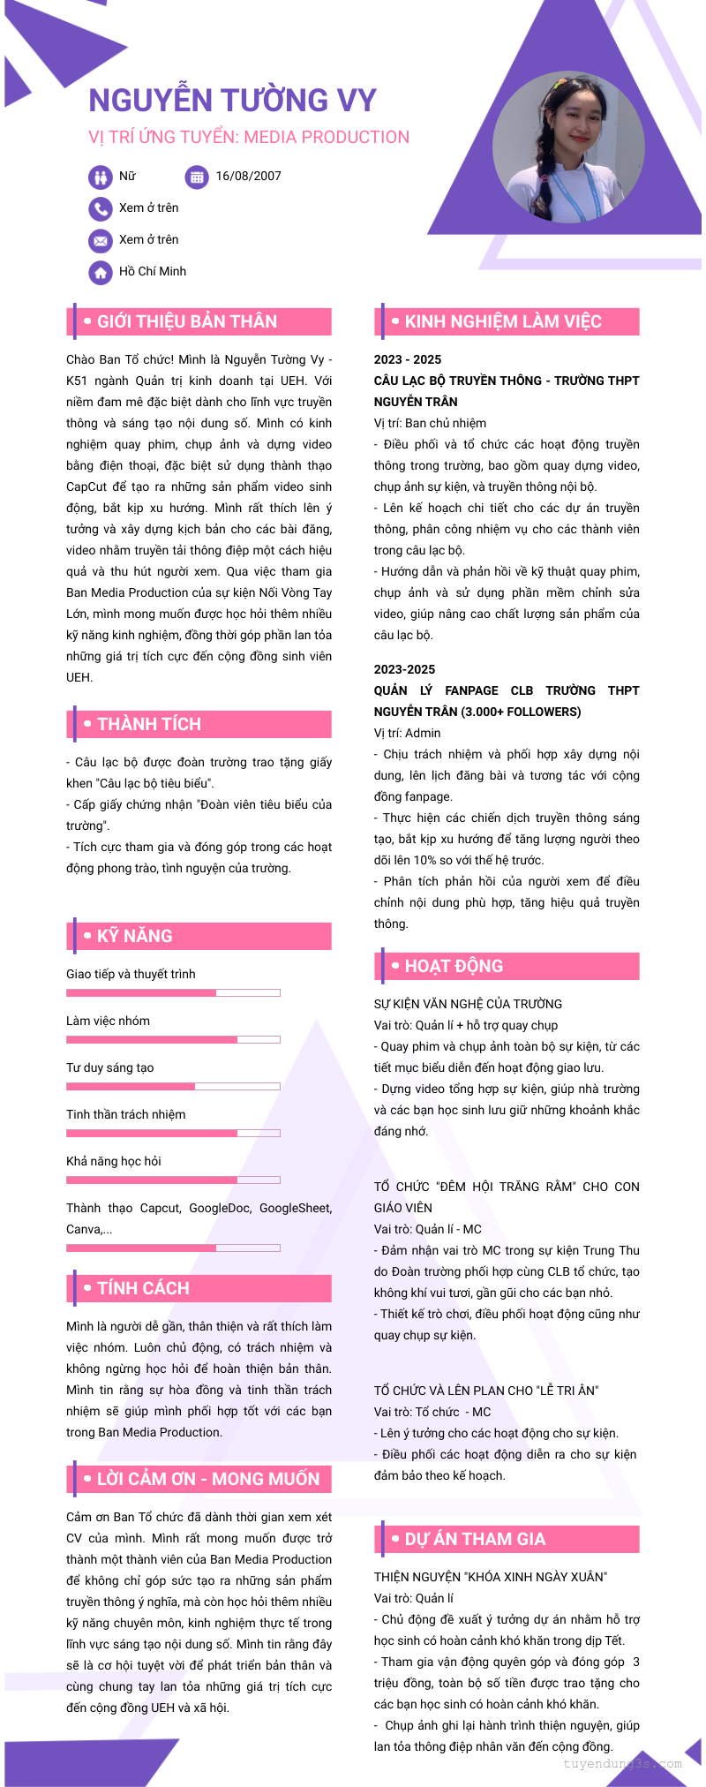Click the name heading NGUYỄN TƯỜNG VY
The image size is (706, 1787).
coord(232,101)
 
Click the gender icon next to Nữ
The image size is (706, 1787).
coord(101,177)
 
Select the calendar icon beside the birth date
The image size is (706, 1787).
coord(197,177)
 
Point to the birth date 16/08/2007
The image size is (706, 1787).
coord(248,177)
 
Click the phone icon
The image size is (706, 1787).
coord(101,209)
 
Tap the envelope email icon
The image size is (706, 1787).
coord(101,241)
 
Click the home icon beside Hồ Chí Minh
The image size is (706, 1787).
coord(101,273)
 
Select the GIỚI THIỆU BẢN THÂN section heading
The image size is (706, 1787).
coord(187,322)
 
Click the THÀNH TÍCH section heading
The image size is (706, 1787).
coord(149,725)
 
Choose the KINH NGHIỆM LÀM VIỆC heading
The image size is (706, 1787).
coord(503,322)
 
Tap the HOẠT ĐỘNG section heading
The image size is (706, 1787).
coord(454,967)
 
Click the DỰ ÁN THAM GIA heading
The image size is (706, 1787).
coord(475,1540)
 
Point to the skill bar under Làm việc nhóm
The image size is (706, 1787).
coord(173,1040)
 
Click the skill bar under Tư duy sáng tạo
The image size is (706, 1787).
coord(173,1087)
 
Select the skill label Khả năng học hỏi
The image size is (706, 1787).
coord(114,1161)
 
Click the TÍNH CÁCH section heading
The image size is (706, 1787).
coord(143,1289)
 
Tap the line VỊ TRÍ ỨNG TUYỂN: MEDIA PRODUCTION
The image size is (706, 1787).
coord(249,138)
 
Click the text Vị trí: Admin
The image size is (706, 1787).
coord(407,734)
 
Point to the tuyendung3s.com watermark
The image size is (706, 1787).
coord(622,1764)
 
